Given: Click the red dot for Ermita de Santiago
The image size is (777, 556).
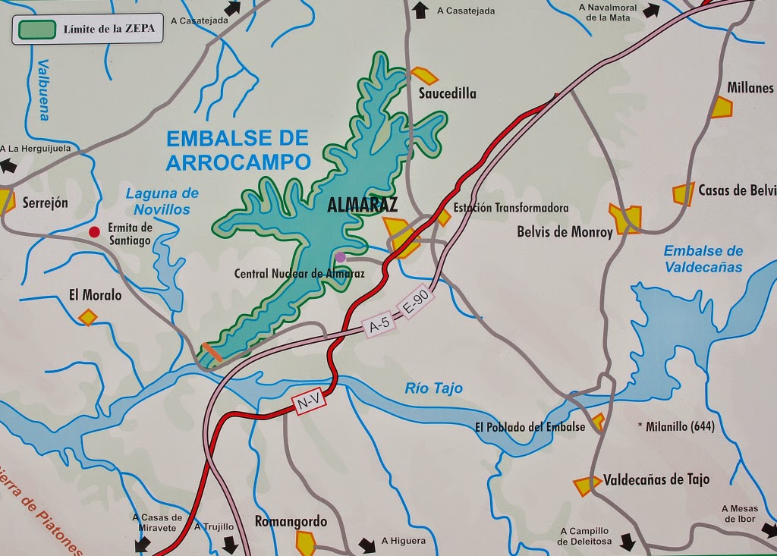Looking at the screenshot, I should click(95, 232).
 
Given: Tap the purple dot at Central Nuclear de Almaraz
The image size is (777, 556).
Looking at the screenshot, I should click(341, 257).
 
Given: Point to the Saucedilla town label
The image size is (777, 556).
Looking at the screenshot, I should click(448, 93).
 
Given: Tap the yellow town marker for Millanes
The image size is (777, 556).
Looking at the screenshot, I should click(722, 107).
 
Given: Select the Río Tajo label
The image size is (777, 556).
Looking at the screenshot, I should click(433, 388).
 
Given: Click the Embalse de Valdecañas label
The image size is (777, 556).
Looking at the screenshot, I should click(703, 259).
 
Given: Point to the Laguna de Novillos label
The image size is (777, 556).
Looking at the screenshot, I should click(162, 201).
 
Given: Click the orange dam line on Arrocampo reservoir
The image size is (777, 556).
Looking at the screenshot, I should click(212, 353).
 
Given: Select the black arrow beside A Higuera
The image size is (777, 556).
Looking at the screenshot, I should click(367, 545).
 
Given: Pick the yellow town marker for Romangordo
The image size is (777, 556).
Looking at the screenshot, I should click(305, 542).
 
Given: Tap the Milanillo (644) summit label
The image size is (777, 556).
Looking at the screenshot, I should click(678, 426).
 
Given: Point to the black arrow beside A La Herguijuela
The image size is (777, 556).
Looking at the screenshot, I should click(10, 165).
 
